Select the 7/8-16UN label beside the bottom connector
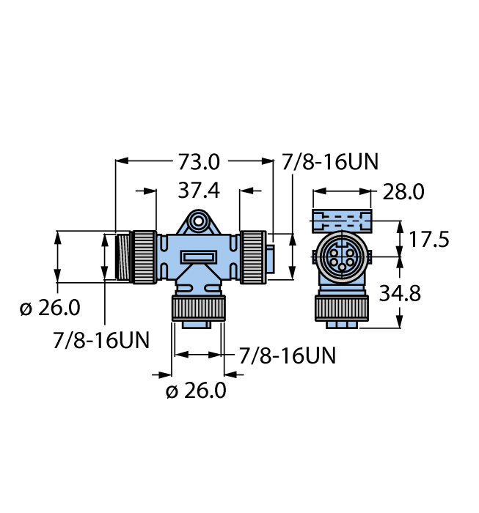[x=288, y=356]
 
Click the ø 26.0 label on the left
[x=50, y=308]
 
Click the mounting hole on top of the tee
[x=197, y=221]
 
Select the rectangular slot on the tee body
[x=198, y=257]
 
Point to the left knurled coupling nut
[x=144, y=256]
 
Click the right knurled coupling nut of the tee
[x=253, y=256]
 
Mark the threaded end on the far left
[x=122, y=256]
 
